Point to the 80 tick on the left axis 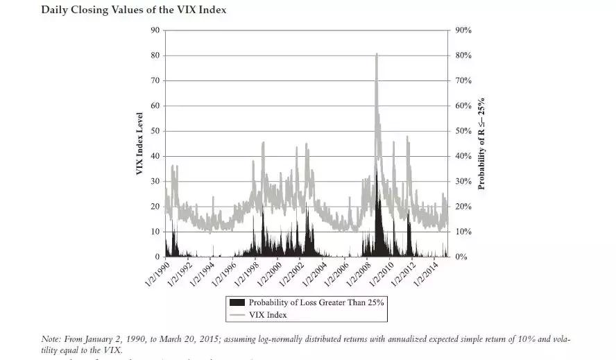[155, 55]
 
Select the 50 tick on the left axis [155, 131]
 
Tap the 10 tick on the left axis [155, 232]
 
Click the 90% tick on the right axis [463, 31]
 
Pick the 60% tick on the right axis [463, 106]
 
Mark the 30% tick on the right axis [463, 182]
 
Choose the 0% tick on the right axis [460, 257]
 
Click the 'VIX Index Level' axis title [139, 144]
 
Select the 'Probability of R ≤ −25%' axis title [481, 144]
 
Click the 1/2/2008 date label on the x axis [362, 272]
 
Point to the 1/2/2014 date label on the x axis [431, 272]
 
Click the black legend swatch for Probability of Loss [237, 302]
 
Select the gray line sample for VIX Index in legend [237, 314]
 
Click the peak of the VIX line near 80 [377, 54]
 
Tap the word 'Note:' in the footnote [51, 339]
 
